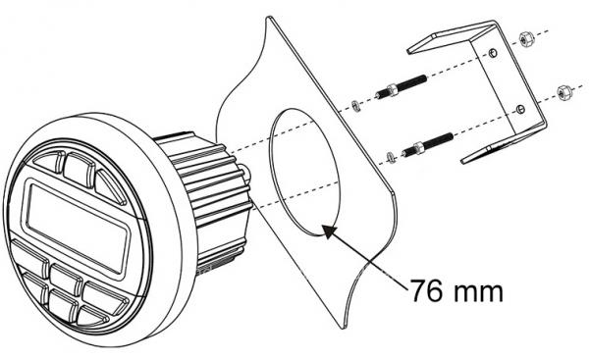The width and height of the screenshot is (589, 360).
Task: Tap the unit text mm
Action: click(478, 292)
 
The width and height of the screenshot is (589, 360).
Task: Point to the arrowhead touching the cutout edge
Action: click(330, 231)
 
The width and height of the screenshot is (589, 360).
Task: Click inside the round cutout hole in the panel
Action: click(304, 173)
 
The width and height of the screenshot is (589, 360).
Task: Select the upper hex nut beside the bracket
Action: click(526, 40)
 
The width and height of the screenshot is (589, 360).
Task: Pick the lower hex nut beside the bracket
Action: click(563, 92)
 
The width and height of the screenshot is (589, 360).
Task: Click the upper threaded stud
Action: click(401, 86)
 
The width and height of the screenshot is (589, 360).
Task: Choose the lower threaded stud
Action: click(427, 144)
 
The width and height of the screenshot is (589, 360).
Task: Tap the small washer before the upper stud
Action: click(355, 106)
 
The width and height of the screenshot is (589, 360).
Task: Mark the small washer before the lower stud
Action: click(391, 157)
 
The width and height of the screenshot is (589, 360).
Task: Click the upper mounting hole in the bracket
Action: click(494, 53)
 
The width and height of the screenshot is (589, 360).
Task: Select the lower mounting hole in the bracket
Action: click(519, 109)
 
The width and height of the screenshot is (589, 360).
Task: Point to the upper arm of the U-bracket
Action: click(451, 37)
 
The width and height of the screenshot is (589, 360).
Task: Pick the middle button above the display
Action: click(80, 170)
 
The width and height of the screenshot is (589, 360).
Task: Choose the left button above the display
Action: click(49, 161)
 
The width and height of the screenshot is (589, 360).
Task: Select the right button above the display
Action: click(110, 187)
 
